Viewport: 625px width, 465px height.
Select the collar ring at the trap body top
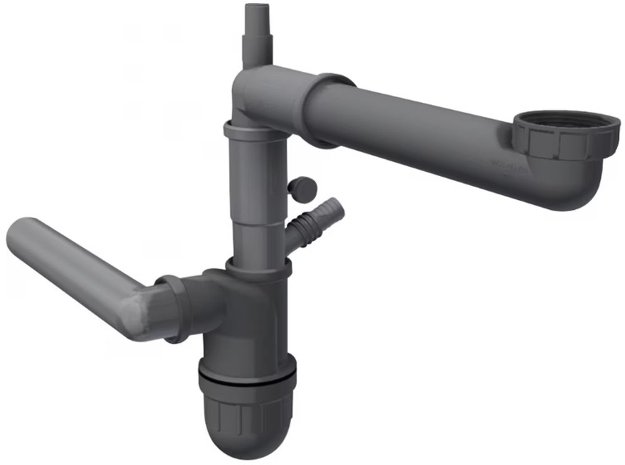click(x=258, y=266)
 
